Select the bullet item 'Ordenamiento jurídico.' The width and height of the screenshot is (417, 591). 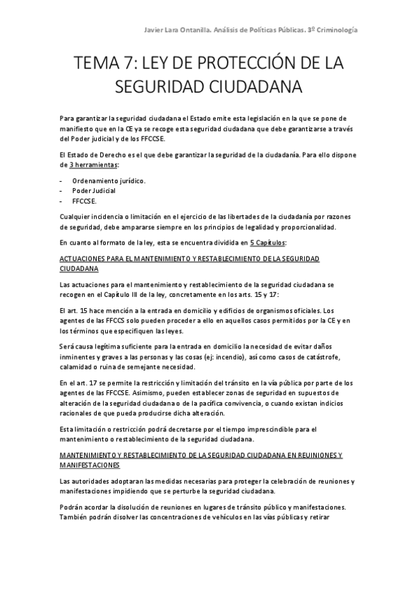(109, 180)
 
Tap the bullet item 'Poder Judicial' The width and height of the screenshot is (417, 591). (94, 190)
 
